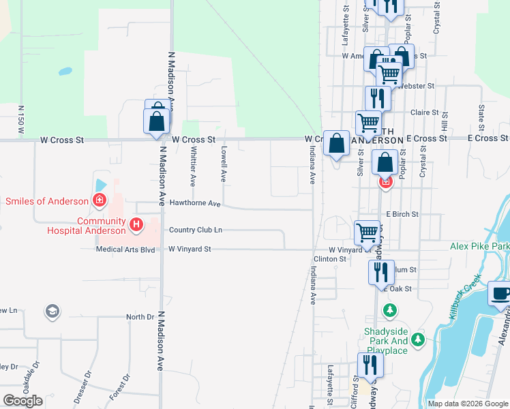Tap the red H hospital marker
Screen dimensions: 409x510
coord(136,223)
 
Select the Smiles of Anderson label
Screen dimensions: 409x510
coord(47,201)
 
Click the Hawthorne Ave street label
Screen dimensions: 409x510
coord(195,203)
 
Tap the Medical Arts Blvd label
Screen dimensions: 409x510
coord(126,249)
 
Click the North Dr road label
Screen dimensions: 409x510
coord(140,317)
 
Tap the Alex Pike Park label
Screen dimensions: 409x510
coord(479,246)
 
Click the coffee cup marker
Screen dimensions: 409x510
coord(500,294)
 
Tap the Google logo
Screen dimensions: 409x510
coord(23,401)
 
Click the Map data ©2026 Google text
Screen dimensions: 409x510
coord(467,404)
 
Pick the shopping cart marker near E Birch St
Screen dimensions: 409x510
coord(367,232)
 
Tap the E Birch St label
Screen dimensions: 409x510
coord(402,214)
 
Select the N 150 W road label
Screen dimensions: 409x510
coord(22,119)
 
